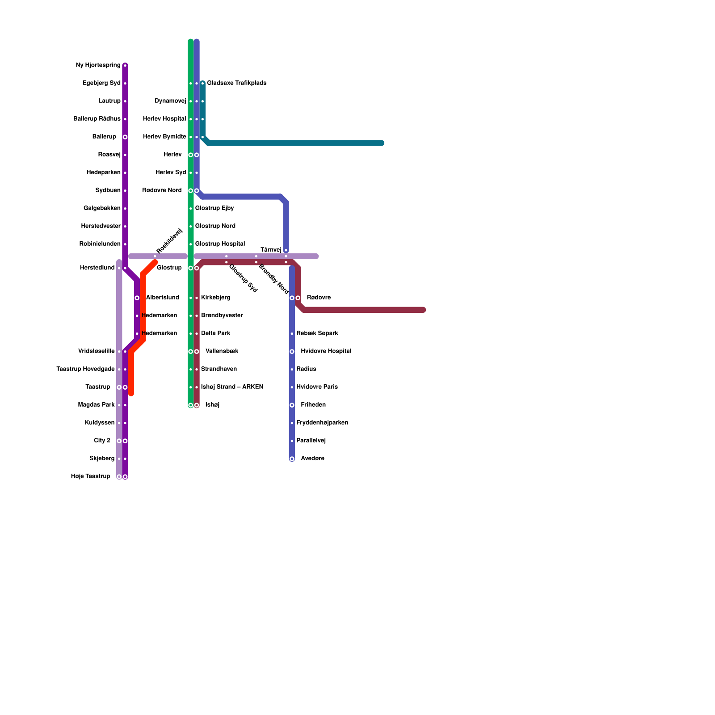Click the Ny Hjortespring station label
(98, 65)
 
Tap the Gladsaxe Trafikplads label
(236, 83)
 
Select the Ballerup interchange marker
(125, 137)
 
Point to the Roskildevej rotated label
(169, 241)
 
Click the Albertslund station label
(162, 298)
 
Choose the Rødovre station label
(319, 298)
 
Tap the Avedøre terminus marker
(292, 459)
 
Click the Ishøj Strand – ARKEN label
(232, 387)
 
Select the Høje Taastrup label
(90, 476)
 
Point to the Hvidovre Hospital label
(326, 351)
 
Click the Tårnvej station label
(271, 250)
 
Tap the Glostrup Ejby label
(214, 208)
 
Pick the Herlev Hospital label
(164, 119)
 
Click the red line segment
(143, 308)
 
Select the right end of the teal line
(382, 143)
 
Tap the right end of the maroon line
(423, 310)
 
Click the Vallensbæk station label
(222, 351)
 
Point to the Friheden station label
(313, 405)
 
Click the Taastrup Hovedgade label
(85, 369)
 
